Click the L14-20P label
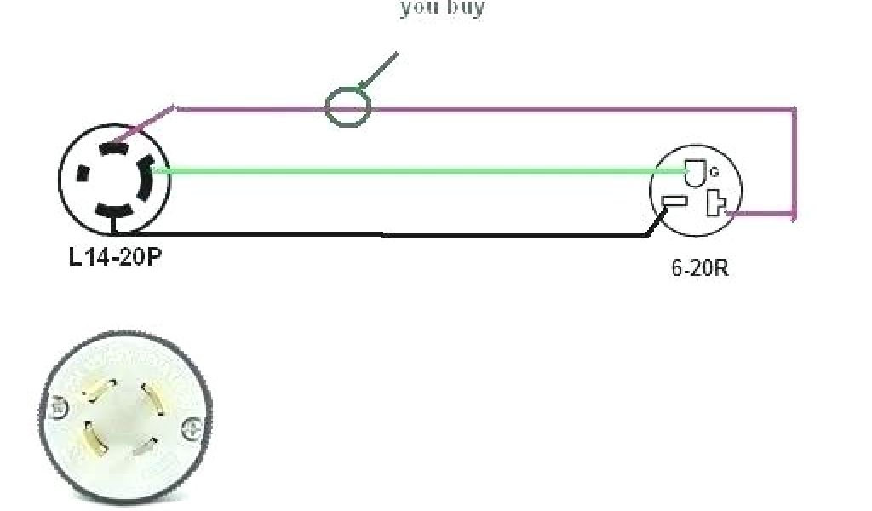click(114, 256)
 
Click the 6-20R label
click(700, 268)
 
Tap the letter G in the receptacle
click(714, 172)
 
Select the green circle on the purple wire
click(348, 107)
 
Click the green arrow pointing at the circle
click(378, 69)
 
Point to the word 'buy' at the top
click(466, 9)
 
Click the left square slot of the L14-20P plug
click(83, 173)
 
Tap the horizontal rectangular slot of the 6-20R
click(674, 203)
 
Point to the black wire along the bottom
click(383, 235)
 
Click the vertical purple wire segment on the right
click(795, 162)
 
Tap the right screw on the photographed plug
click(193, 426)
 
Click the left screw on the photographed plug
click(58, 408)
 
